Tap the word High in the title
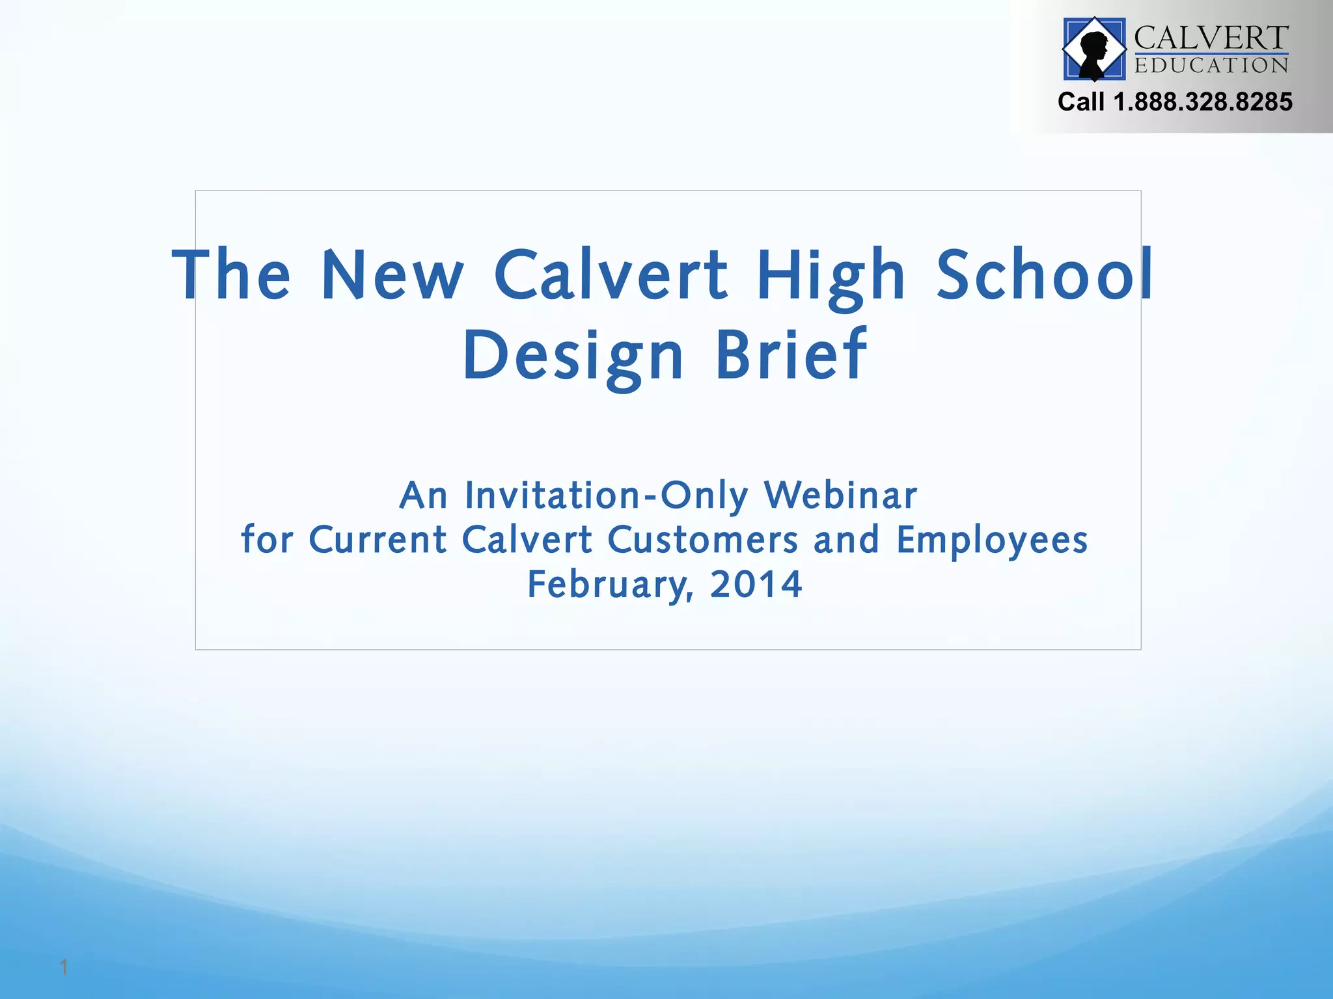point(831,276)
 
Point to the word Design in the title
point(573,356)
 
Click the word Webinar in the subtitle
point(840,496)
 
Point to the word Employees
point(992,541)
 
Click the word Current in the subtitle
point(378,540)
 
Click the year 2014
point(756,584)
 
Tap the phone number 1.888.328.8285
point(1203,102)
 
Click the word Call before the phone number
point(1081,102)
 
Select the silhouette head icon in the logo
point(1094,49)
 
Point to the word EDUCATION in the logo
point(1211,66)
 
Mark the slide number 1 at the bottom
point(64,967)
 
